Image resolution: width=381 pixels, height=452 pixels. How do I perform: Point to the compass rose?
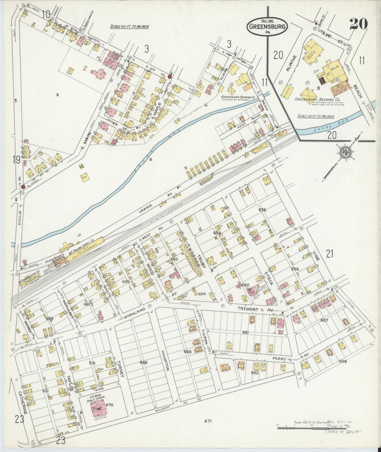pyautogui.click(x=344, y=152)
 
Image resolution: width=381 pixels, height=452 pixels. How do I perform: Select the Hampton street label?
pyautogui.click(x=165, y=361)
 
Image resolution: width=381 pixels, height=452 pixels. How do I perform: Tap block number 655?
pyautogui.click(x=262, y=210)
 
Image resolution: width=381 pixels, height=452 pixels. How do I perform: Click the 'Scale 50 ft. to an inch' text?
pyautogui.click(x=316, y=116)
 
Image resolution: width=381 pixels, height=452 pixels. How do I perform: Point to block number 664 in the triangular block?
pyautogui.click(x=202, y=294)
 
